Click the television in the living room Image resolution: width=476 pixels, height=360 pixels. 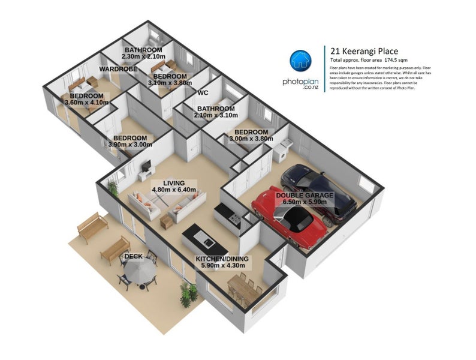pos(146,166)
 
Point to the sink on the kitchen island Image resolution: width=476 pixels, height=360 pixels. pos(209,242)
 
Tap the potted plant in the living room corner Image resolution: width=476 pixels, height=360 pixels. pos(113,187)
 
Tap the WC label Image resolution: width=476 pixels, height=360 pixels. pos(203,93)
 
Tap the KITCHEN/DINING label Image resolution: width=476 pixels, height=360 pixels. pos(223,259)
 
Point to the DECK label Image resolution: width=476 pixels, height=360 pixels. pos(132,257)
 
